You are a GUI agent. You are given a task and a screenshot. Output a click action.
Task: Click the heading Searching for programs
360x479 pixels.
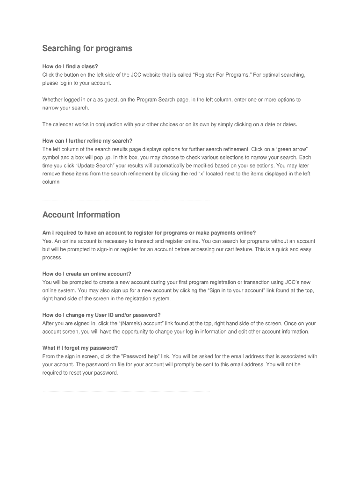pyautogui.click(x=87, y=49)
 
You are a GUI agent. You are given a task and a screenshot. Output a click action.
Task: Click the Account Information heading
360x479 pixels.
pyautogui.click(x=81, y=215)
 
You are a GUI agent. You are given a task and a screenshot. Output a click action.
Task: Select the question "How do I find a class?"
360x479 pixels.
pyautogui.click(x=70, y=66)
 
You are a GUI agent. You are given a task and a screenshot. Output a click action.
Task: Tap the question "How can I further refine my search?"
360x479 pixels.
pyautogui.click(x=87, y=141)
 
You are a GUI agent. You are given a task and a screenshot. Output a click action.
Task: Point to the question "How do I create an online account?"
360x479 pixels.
pyautogui.click(x=86, y=274)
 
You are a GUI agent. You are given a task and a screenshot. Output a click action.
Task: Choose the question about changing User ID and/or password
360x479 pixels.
pyautogui.click(x=101, y=315)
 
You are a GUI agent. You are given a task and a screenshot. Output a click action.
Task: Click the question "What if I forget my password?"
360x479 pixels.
pyautogui.click(x=80, y=348)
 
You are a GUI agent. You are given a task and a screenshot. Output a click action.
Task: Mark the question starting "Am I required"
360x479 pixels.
pyautogui.click(x=149, y=232)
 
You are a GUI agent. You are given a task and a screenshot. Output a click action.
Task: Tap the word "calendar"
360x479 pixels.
pyautogui.click(x=66, y=124)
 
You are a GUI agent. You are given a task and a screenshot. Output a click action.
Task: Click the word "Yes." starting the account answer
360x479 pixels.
pyautogui.click(x=47, y=241)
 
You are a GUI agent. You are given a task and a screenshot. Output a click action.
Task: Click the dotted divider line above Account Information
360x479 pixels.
pyautogui.click(x=126, y=201)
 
